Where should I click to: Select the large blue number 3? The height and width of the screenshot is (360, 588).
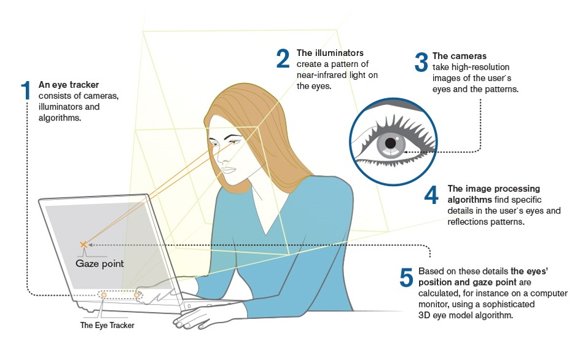coord(421,63)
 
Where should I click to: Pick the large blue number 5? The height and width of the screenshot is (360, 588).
coord(406,278)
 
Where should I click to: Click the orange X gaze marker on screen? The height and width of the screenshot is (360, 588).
coord(84,245)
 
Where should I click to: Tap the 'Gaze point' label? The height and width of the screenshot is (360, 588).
coord(100,264)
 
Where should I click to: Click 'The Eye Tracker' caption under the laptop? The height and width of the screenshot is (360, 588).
coord(108,325)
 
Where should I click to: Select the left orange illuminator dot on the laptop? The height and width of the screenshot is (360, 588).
coord(103,295)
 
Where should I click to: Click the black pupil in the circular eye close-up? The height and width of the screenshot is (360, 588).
coord(390,143)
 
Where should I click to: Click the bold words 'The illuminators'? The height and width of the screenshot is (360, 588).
coord(330,53)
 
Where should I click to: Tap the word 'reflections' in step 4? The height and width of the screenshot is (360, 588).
coord(469,222)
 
